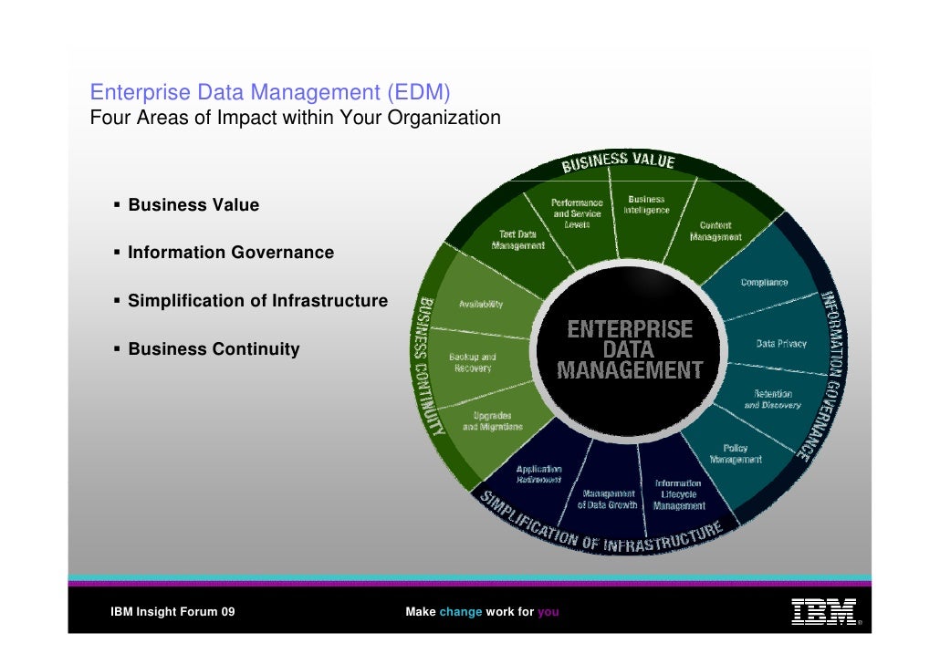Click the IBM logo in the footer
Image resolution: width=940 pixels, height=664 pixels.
[823, 611]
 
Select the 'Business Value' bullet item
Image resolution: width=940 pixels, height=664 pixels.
[193, 205]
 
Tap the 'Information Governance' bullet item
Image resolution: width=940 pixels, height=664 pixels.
[231, 253]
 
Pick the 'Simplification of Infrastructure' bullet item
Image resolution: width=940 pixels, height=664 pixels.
[257, 301]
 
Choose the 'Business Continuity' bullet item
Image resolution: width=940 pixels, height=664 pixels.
[214, 349]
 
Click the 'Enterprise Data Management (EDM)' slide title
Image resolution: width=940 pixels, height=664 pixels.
[270, 93]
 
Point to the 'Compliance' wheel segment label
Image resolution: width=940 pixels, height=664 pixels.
[764, 283]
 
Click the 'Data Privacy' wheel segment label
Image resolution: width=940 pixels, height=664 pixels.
[781, 344]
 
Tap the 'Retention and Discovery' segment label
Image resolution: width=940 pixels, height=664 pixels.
[772, 399]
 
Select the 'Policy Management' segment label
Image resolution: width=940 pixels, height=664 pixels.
[736, 453]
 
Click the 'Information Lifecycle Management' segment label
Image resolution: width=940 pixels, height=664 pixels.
[678, 494]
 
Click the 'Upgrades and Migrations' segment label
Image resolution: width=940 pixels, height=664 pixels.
[493, 421]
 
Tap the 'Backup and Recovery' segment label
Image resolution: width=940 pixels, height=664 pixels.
[473, 362]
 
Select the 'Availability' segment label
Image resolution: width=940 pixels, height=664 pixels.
[480, 305]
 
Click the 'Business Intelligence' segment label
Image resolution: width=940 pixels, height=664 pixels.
[646, 204]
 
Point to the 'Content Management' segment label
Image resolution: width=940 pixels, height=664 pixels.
[715, 231]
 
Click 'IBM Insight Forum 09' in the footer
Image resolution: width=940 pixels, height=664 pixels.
[172, 612]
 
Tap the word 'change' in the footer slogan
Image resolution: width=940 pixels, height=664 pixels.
[460, 612]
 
